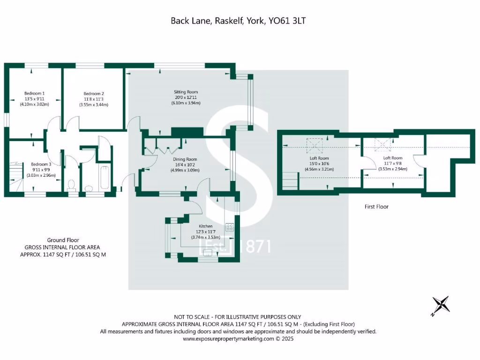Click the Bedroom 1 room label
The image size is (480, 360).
34,94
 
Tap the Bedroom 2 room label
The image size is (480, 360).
94,94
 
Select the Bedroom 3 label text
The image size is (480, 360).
41,165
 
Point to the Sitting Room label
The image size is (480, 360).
186,92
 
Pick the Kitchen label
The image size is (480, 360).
205,226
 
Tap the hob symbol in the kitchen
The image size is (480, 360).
230,227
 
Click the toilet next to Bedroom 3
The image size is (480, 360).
72,186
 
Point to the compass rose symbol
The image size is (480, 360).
441,305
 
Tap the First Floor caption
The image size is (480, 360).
376,207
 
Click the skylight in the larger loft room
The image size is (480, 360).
312,145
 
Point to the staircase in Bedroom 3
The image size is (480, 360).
16,176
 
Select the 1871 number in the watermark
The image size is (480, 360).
255,247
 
